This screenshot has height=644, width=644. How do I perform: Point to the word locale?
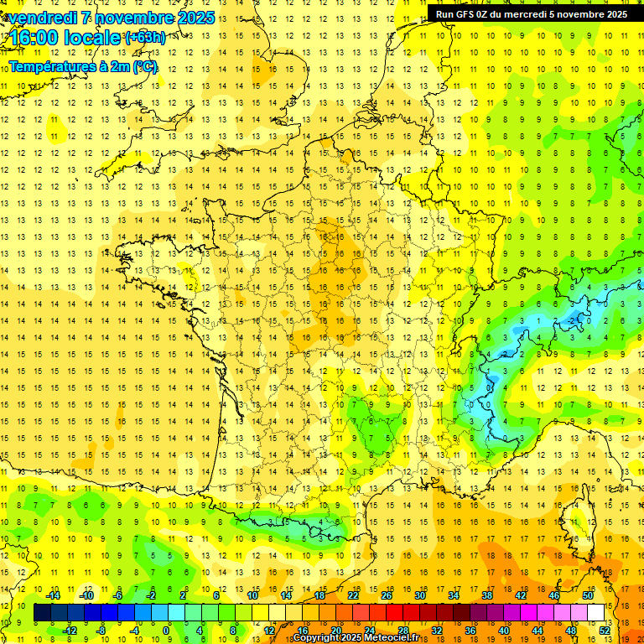tap(93, 38)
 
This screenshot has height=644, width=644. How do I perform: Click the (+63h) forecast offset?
tap(145, 37)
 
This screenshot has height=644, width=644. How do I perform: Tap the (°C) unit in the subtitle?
tap(144, 66)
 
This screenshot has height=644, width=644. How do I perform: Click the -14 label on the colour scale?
tap(55, 595)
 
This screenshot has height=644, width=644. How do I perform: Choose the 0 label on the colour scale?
tap(166, 631)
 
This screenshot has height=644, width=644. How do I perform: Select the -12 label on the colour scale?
tap(70, 631)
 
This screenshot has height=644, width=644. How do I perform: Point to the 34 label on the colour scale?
tap(454, 595)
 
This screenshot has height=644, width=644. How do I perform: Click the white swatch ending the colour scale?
tap(596, 613)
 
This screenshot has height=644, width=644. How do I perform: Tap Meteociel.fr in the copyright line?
tap(397, 638)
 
